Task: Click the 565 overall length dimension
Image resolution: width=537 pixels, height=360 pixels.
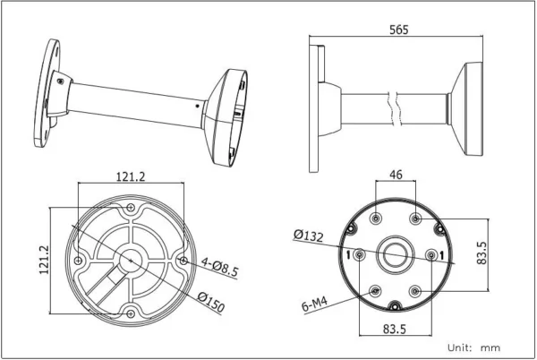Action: click(x=399, y=30)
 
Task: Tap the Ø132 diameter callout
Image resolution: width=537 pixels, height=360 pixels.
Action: click(x=308, y=236)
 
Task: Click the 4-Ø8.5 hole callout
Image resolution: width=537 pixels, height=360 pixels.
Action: click(x=219, y=266)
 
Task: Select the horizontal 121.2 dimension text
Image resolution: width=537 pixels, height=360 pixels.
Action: click(x=131, y=176)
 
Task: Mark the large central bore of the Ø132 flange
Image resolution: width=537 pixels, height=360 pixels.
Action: click(x=395, y=256)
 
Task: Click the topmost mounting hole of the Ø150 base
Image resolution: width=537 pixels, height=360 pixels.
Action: click(x=132, y=209)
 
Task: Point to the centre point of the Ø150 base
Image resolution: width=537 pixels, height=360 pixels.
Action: click(x=132, y=260)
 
